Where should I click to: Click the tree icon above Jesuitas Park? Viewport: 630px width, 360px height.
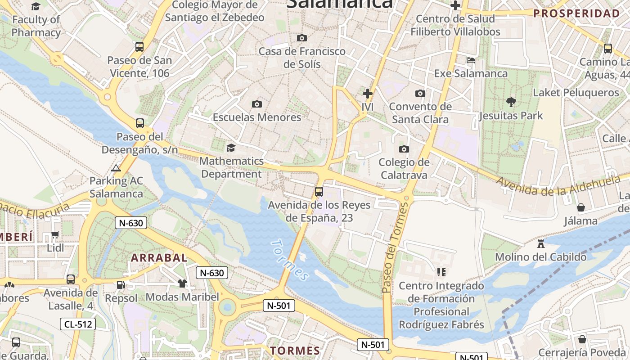click(x=511, y=102)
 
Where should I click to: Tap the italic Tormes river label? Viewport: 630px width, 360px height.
click(x=290, y=260)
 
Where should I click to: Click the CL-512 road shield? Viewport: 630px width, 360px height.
click(x=78, y=324)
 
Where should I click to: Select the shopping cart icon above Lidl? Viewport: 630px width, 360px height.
click(x=55, y=234)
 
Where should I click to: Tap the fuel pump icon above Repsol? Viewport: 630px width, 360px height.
click(x=121, y=284)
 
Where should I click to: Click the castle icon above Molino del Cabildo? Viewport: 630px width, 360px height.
click(x=541, y=244)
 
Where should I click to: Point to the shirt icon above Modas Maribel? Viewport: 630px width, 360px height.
click(x=182, y=283)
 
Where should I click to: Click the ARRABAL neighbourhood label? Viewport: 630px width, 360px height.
click(x=159, y=258)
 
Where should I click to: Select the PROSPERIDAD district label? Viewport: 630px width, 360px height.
click(x=576, y=13)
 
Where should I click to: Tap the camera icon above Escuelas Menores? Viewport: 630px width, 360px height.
click(x=256, y=104)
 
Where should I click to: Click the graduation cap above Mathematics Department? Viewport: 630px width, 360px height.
click(x=231, y=148)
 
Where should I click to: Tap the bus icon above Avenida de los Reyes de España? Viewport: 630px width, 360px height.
click(x=319, y=192)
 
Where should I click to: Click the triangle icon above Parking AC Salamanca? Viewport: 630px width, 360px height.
click(x=116, y=168)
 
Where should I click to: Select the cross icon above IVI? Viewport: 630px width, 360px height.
click(x=368, y=94)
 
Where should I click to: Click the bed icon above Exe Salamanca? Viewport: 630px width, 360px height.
click(x=471, y=60)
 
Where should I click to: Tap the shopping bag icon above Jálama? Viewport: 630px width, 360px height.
click(x=581, y=207)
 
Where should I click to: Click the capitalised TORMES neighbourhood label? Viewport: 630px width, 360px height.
click(x=295, y=351)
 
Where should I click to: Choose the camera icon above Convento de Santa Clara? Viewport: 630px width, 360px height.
click(x=420, y=94)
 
